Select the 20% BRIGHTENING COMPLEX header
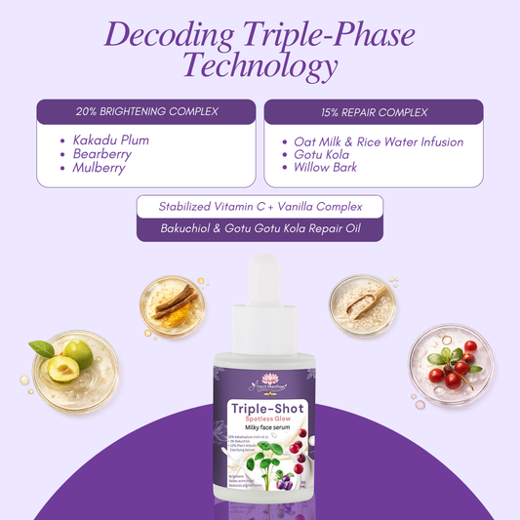pos(146,110)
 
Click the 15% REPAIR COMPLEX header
pos(373,110)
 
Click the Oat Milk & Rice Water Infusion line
pos(379,141)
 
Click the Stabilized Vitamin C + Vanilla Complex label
pos(259,207)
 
